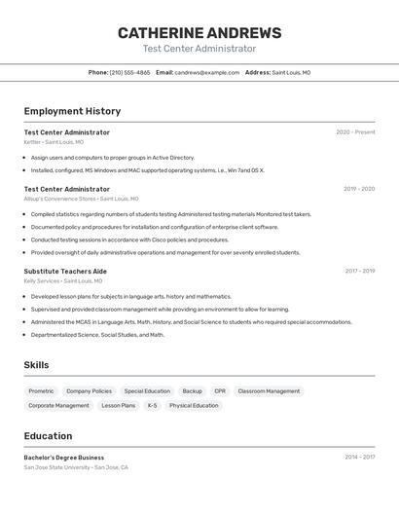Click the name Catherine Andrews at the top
click(199, 33)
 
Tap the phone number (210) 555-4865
click(129, 72)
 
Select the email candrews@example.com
click(206, 72)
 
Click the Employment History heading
click(72, 111)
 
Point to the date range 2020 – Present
click(355, 132)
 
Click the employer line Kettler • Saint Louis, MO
click(54, 142)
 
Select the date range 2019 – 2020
click(358, 189)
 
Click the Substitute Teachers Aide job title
click(65, 272)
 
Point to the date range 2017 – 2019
click(358, 272)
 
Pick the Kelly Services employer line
click(63, 281)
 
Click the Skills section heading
click(36, 365)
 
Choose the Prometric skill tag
click(41, 391)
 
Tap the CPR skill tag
click(220, 391)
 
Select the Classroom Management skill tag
click(269, 391)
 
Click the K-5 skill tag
click(152, 406)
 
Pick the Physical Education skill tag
click(194, 406)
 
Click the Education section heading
click(48, 436)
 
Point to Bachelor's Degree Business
click(64, 458)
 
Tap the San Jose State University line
click(76, 467)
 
